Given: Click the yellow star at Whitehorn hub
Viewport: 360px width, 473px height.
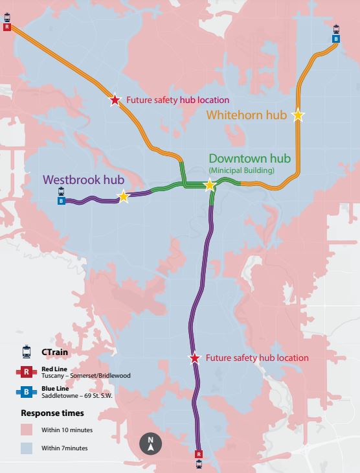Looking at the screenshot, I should (x=298, y=115).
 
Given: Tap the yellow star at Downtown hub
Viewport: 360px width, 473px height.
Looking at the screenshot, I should (x=209, y=185).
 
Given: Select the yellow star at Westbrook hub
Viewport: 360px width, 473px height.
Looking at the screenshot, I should (x=123, y=197).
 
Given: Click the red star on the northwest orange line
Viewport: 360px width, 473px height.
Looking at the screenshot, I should (x=115, y=100).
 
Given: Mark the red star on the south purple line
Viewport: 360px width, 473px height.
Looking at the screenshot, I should (x=194, y=358).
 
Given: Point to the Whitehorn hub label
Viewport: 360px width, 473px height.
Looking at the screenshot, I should (x=247, y=115).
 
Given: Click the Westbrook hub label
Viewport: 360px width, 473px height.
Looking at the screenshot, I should (x=84, y=179).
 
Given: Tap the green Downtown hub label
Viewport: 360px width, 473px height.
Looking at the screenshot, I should (x=249, y=158).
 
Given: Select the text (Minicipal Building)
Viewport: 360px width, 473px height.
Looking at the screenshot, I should (x=242, y=170).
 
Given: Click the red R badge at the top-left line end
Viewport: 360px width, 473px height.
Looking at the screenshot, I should (x=7, y=27).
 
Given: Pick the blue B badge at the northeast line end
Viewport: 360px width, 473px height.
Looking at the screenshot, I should (x=336, y=39).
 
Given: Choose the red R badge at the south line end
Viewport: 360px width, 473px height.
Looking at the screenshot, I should (x=199, y=454).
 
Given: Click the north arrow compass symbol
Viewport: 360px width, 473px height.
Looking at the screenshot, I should (x=150, y=444).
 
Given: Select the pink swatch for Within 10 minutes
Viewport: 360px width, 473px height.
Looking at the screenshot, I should (x=27, y=430).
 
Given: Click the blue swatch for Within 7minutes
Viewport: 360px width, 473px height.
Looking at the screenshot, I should (x=27, y=448).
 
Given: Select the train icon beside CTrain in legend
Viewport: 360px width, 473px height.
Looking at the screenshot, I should (x=27, y=352).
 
